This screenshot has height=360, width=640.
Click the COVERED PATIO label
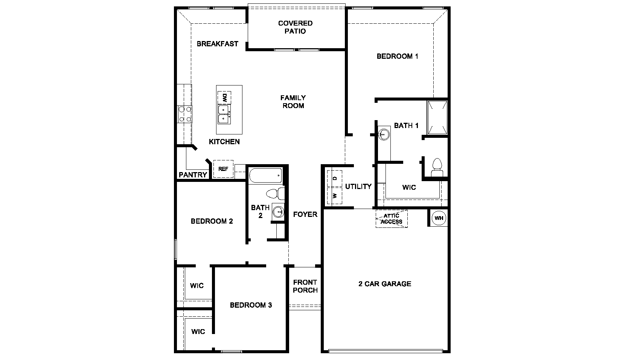point(295,27)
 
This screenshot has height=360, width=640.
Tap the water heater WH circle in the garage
point(439,218)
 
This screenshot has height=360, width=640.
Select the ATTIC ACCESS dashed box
point(392,219)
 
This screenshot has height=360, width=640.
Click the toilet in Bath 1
point(437,168)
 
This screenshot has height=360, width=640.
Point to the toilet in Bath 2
point(275,194)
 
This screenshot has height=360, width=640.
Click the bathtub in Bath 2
point(265,175)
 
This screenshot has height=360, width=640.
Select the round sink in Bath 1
point(384,134)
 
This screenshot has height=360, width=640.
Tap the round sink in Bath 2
point(279,212)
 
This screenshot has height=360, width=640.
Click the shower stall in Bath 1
point(437,117)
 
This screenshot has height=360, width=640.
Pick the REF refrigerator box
point(223,169)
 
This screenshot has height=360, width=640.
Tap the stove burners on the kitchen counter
point(184,114)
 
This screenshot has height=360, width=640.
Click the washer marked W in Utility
point(334,195)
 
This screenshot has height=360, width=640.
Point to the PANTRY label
point(193,175)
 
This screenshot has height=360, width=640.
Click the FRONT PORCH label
point(305,286)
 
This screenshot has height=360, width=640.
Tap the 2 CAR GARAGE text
point(385,284)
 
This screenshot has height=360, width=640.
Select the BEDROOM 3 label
point(251,305)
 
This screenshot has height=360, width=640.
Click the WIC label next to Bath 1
point(409,187)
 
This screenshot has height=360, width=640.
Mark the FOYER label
point(305,214)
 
